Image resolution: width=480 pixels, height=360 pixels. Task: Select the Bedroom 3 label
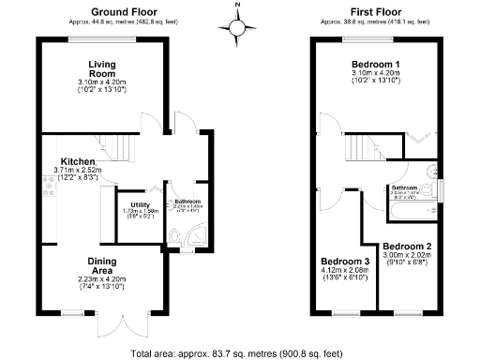(x=345, y=261)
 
